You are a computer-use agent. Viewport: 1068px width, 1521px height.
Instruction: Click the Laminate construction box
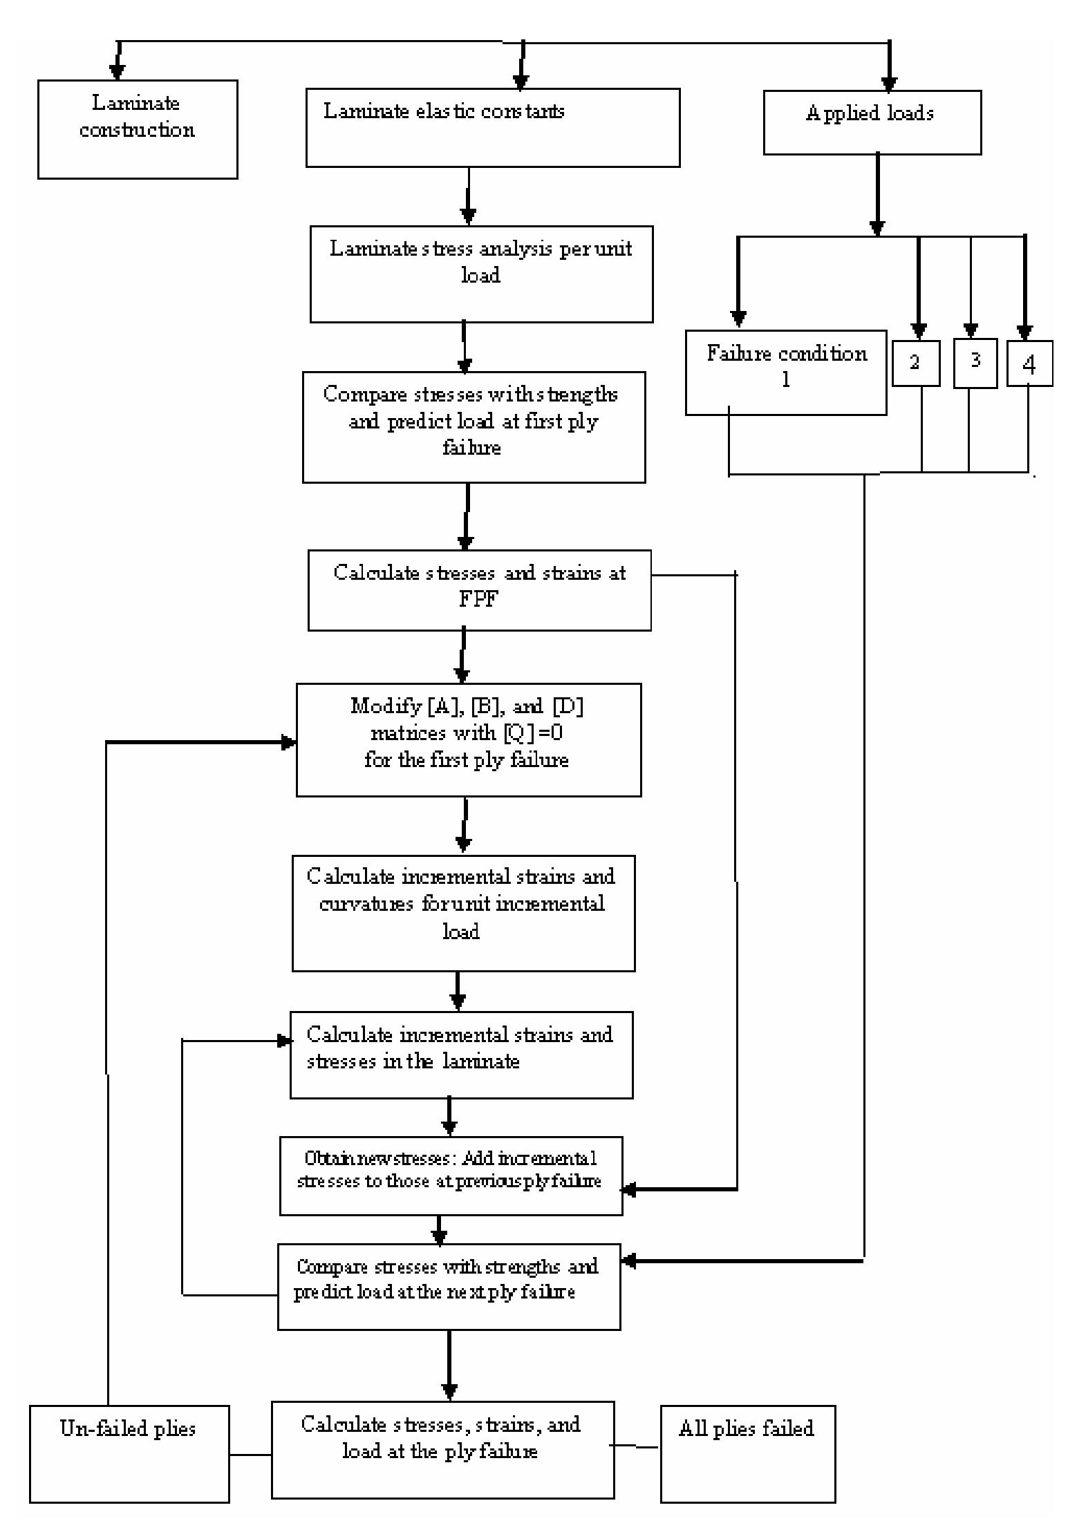click(x=137, y=129)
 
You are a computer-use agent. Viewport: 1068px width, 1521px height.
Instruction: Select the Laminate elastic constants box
click(x=492, y=128)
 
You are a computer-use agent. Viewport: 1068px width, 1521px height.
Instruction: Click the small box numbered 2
click(x=915, y=363)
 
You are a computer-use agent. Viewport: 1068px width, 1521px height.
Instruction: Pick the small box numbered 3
click(x=975, y=363)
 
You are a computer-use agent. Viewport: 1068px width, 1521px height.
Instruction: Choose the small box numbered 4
click(x=1029, y=363)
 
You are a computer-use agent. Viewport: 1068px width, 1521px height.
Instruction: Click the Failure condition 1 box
click(x=785, y=372)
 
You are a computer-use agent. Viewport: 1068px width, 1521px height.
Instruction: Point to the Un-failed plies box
click(x=129, y=1453)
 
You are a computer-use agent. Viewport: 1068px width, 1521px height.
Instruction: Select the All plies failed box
click(x=747, y=1453)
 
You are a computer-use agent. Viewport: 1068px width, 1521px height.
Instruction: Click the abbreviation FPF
click(x=478, y=598)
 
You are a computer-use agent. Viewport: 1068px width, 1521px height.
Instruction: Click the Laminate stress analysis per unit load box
click(x=481, y=274)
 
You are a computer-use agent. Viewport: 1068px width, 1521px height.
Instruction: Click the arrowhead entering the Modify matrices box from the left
click(x=288, y=743)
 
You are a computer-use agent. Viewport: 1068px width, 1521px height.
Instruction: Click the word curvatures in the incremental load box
click(x=366, y=904)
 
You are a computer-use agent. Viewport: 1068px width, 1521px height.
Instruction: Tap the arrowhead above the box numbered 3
click(x=971, y=330)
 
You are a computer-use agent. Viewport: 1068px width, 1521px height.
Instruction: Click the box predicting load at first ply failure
click(x=474, y=426)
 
